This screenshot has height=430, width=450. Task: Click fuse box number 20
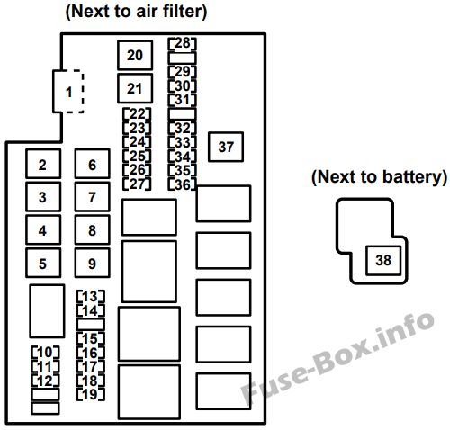coord(135,55)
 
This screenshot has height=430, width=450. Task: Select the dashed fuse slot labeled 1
coord(68,92)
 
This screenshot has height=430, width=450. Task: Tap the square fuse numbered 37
coord(226,147)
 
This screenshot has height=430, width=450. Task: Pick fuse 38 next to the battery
coord(383,260)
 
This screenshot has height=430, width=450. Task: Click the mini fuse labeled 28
coord(182,43)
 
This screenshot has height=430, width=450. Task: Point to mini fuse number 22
coord(137,114)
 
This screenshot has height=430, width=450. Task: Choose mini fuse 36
coord(182,184)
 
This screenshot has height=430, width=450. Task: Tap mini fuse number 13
coord(91,296)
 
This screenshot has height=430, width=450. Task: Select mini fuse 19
coord(91,394)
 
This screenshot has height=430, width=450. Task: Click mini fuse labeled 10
coord(45,352)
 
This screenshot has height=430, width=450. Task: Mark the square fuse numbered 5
coord(43,263)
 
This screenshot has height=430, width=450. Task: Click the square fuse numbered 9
coord(93,263)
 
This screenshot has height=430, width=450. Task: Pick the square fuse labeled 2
coord(43,164)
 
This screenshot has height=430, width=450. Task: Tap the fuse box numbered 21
coord(135,88)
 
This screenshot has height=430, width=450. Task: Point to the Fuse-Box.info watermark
coord(338,358)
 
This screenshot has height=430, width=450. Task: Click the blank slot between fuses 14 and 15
coord(91,325)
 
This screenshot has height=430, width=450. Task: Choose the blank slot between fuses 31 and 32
coord(182,114)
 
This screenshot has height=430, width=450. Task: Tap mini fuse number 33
coord(182,142)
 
